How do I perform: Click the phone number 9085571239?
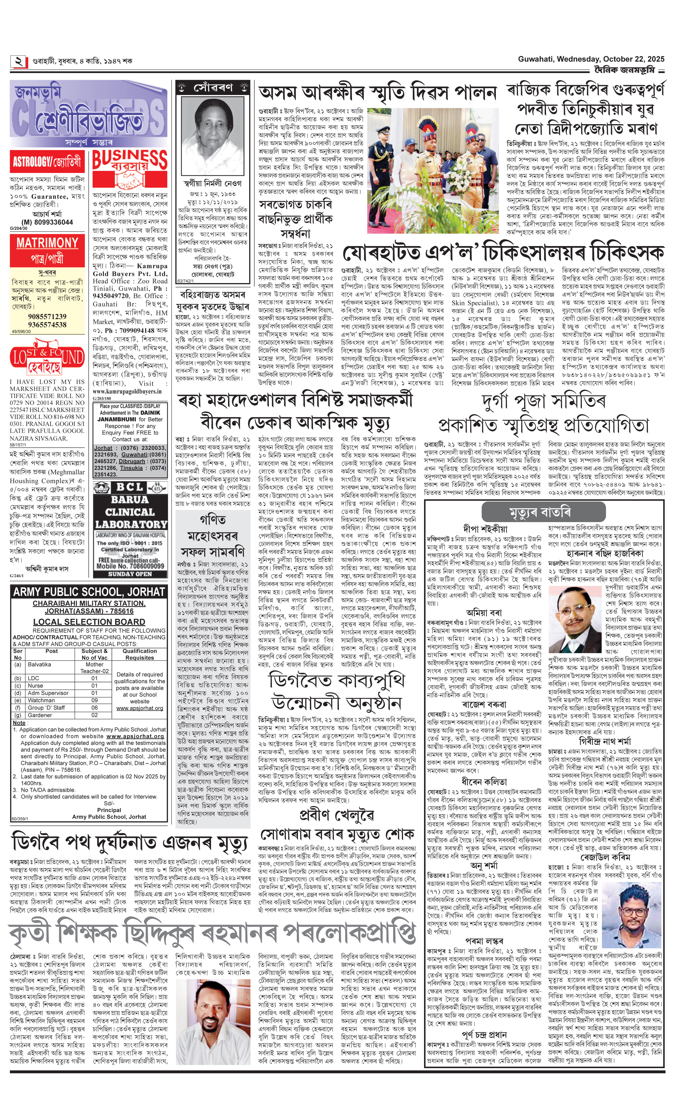(x=47, y=316)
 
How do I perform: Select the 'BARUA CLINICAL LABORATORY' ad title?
(x=130, y=512)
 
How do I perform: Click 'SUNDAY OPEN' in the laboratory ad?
(x=130, y=574)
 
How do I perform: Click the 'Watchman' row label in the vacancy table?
(x=41, y=700)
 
